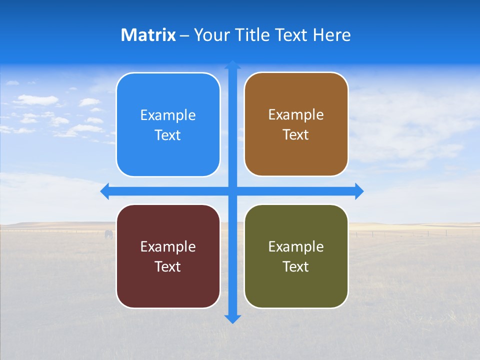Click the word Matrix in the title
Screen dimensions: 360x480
click(148, 35)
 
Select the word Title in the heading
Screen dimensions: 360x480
click(253, 35)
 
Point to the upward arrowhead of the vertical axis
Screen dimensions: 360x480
click(232, 65)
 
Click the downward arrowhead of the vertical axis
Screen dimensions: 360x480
click(232, 319)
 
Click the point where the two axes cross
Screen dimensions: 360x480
click(232, 191)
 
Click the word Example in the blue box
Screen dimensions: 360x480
click(168, 115)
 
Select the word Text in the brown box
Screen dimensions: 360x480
click(296, 135)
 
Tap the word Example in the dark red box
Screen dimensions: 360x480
click(168, 247)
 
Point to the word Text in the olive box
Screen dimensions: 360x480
click(296, 266)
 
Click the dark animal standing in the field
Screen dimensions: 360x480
click(108, 234)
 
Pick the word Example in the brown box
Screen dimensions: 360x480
click(296, 115)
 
